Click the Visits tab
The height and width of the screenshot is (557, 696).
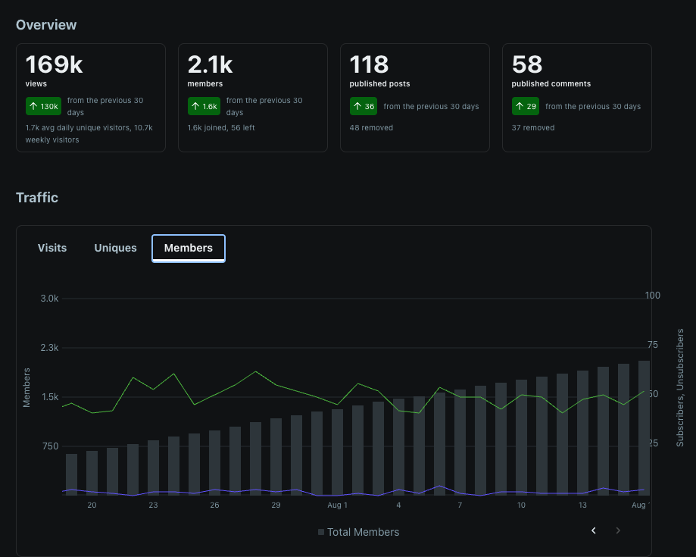[x=52, y=248]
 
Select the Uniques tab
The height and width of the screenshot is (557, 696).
[x=115, y=248]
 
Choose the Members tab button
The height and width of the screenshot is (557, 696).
[x=189, y=249]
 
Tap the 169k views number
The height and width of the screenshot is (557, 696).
[x=55, y=64]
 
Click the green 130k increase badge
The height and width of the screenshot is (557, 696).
[x=43, y=106]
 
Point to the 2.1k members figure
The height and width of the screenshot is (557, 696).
[x=210, y=64]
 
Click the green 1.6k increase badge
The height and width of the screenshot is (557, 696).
[x=204, y=106]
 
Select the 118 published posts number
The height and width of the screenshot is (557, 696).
[x=369, y=64]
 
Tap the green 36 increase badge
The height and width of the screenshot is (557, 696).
[x=364, y=106]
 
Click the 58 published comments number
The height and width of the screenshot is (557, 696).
[x=527, y=64]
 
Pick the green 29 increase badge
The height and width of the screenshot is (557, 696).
[x=526, y=106]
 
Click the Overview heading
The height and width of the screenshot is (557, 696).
[x=46, y=25]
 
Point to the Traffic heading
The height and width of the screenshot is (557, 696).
[x=37, y=198]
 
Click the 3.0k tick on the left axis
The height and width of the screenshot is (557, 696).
[x=49, y=299]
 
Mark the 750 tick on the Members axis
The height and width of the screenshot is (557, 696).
[x=50, y=446]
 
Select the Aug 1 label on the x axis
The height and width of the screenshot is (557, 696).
[x=337, y=505]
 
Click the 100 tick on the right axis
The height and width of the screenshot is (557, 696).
[x=653, y=296]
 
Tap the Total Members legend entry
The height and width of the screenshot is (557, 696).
[x=359, y=532]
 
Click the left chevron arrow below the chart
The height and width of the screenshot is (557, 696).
[x=594, y=530]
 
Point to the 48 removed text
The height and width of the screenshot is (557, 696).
[x=371, y=128]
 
